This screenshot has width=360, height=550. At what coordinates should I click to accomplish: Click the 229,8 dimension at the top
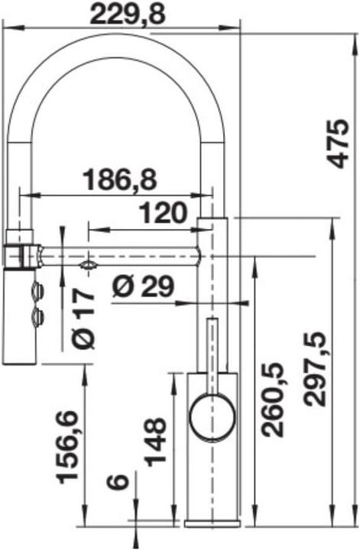pyautogui.click(x=128, y=14)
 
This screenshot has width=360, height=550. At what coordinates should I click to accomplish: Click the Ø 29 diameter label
pyautogui.click(x=143, y=286)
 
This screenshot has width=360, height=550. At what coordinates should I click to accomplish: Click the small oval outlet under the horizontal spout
pyautogui.click(x=88, y=264)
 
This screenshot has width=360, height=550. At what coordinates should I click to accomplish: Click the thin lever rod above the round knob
pyautogui.click(x=212, y=351)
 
